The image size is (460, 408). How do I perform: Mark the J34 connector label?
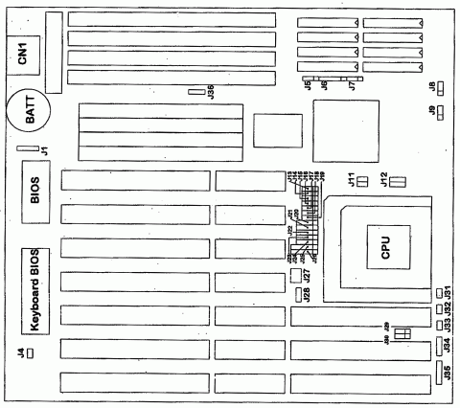[448, 346]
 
